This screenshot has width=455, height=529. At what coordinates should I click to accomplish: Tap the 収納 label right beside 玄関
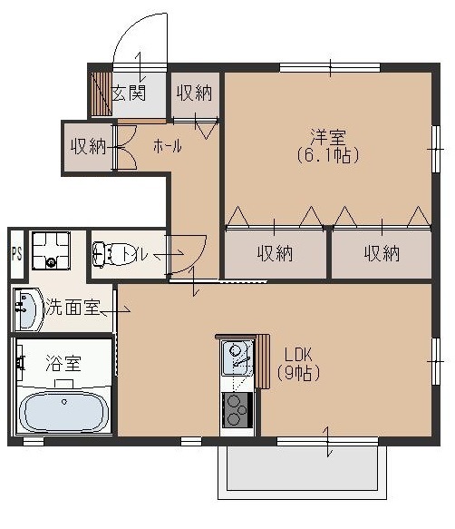(194, 93)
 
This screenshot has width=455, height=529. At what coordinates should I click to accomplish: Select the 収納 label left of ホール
(87, 146)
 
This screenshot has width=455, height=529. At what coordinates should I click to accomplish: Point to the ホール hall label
(167, 146)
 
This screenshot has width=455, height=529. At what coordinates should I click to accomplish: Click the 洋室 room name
(327, 137)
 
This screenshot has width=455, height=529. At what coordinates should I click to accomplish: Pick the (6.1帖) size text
(327, 155)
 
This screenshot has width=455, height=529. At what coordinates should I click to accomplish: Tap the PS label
(15, 254)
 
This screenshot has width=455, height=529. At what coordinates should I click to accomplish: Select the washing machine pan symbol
(51, 250)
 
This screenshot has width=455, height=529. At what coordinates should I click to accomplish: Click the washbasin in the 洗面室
(26, 309)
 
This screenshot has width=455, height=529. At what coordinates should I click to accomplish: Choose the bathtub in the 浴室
(63, 411)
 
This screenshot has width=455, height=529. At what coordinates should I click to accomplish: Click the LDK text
(298, 354)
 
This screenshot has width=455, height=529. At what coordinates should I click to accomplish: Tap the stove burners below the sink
(237, 407)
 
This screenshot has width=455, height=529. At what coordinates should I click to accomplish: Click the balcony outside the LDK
(302, 473)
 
